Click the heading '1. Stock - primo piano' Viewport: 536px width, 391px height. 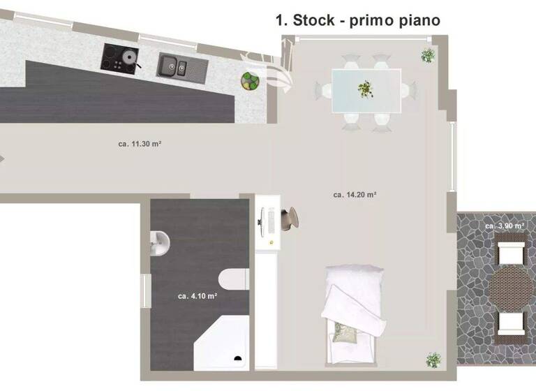click(358, 21)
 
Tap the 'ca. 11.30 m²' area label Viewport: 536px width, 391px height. click(140, 145)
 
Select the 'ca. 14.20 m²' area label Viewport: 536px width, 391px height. click(355, 195)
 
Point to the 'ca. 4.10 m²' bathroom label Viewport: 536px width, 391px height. click(197, 296)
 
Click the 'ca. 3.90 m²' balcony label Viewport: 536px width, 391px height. click(505, 226)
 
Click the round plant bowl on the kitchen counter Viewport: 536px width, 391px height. click(249, 80)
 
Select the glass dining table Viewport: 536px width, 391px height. click(366, 89)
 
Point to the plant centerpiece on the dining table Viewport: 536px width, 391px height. click(365, 89)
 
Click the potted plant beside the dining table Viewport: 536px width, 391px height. click(428, 54)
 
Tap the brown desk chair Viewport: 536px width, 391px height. click(293, 217)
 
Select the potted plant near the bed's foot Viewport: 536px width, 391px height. click(433, 360)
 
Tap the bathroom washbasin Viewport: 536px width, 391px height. click(160, 242)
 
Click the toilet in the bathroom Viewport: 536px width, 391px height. click(234, 280)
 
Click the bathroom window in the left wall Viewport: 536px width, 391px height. click(147, 290)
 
